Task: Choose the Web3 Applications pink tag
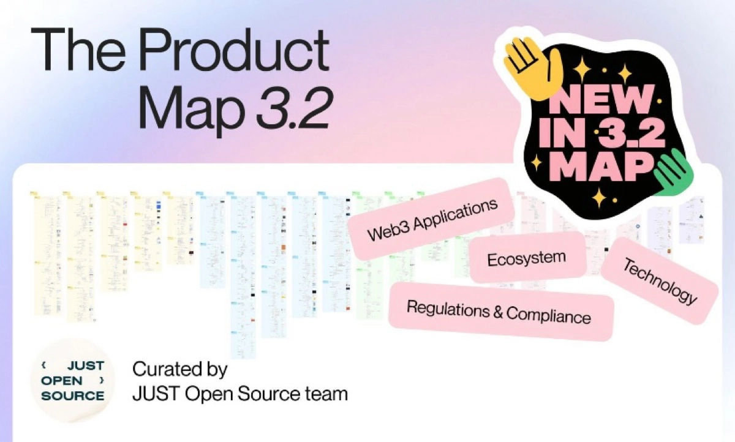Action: click(432, 219)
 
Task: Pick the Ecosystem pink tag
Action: click(527, 258)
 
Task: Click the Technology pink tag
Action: click(660, 281)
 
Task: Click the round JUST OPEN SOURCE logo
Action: click(73, 380)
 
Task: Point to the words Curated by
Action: click(179, 369)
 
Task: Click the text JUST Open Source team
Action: click(239, 393)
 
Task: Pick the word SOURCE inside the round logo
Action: click(73, 395)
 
